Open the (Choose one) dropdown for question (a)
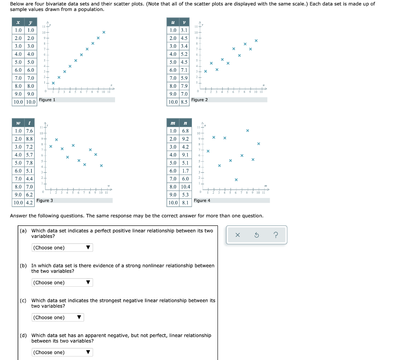tap(62, 247)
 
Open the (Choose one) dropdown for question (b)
tap(62, 282)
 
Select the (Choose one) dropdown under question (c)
tap(58, 317)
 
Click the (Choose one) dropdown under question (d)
tap(62, 352)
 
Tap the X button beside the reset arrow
tap(238, 235)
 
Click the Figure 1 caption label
tap(47, 100)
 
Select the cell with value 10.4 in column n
tap(186, 187)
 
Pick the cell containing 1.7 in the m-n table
tap(186, 171)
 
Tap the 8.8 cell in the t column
tap(29, 139)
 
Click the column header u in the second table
tap(173, 22)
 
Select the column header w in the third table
tap(18, 123)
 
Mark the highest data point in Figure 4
tap(247, 130)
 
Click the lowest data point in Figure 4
tap(236, 180)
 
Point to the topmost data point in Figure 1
tap(104, 32)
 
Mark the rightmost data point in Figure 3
tap(101, 165)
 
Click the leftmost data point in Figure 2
tap(205, 71)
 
